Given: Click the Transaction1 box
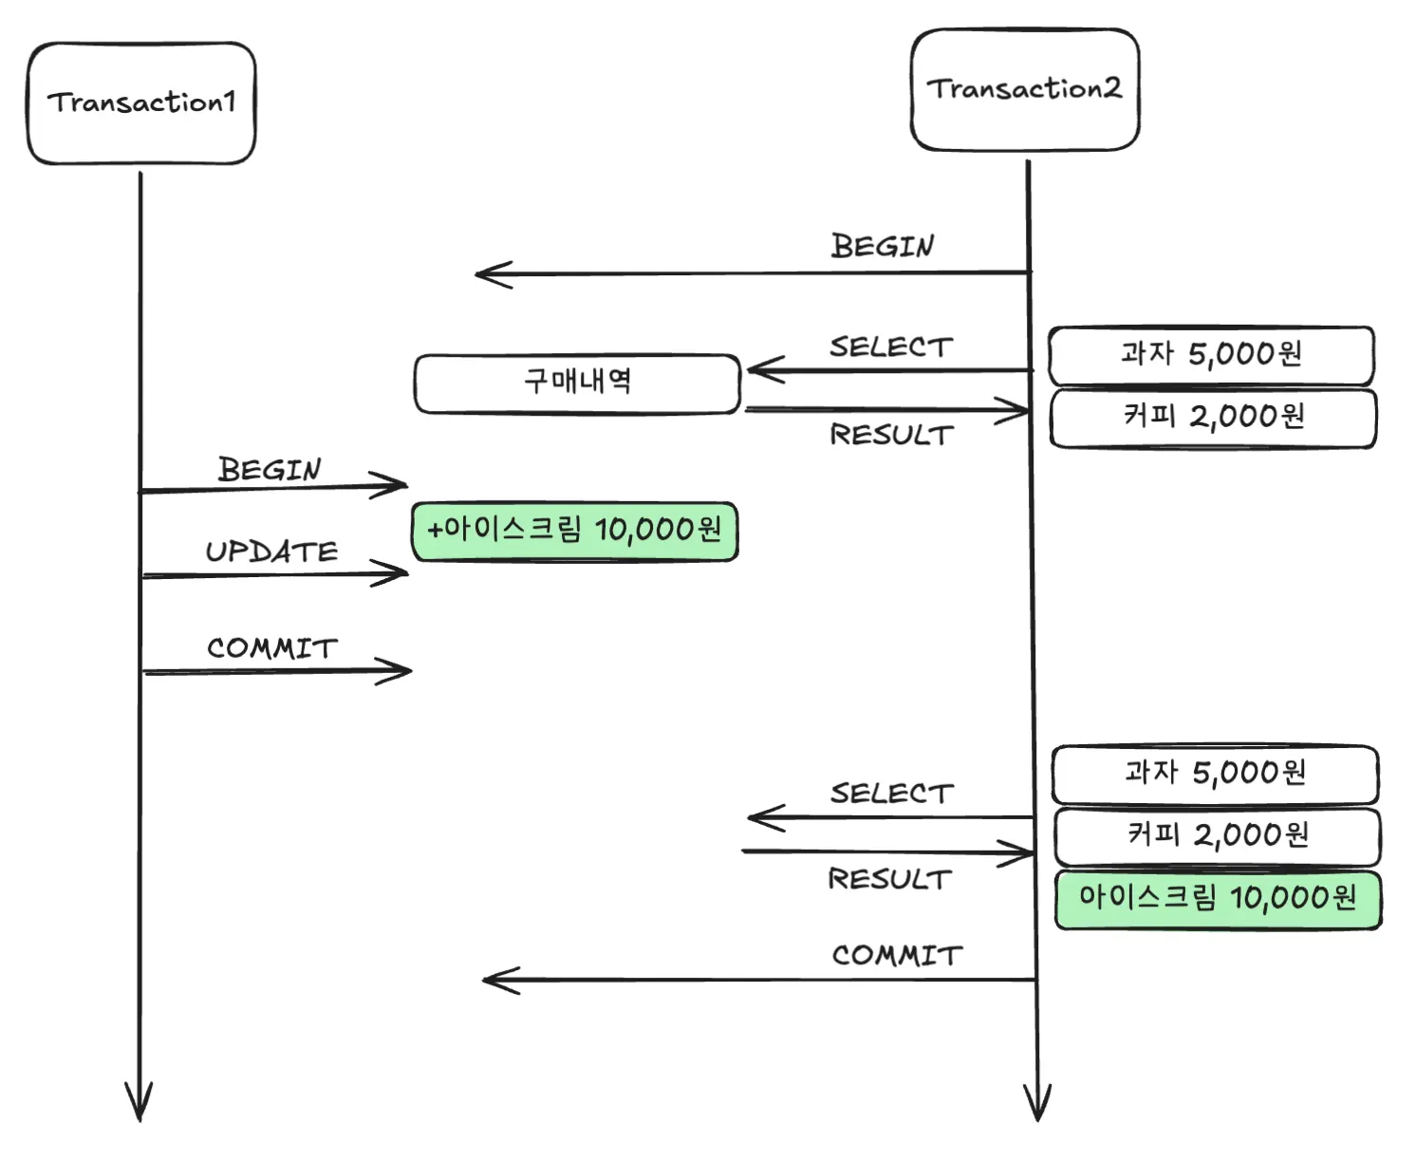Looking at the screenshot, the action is tap(141, 103).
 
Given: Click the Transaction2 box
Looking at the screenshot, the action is tap(1025, 89).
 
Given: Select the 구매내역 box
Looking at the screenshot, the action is tap(577, 384).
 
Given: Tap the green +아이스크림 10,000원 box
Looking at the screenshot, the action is tap(575, 532).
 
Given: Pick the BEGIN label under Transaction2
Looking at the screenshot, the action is tap(883, 246).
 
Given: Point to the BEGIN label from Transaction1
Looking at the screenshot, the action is tap(270, 469).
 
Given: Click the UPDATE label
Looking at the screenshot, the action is tap(272, 552).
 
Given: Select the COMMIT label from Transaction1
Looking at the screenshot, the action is tap(272, 648).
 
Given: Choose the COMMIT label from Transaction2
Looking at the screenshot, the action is tap(897, 955).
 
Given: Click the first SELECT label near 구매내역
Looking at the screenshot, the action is tap(891, 347).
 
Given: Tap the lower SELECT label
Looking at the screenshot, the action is tap(891, 794).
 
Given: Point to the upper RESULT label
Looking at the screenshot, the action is tap(891, 435).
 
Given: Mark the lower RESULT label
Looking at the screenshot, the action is tap(889, 879).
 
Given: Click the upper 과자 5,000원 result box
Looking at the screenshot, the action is tap(1211, 355).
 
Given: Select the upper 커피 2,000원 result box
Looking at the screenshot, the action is tap(1213, 418).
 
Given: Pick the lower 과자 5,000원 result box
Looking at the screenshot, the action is tap(1215, 774).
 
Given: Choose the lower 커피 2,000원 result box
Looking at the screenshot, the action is tap(1218, 836).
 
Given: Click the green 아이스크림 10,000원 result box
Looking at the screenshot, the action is tap(1218, 899).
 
